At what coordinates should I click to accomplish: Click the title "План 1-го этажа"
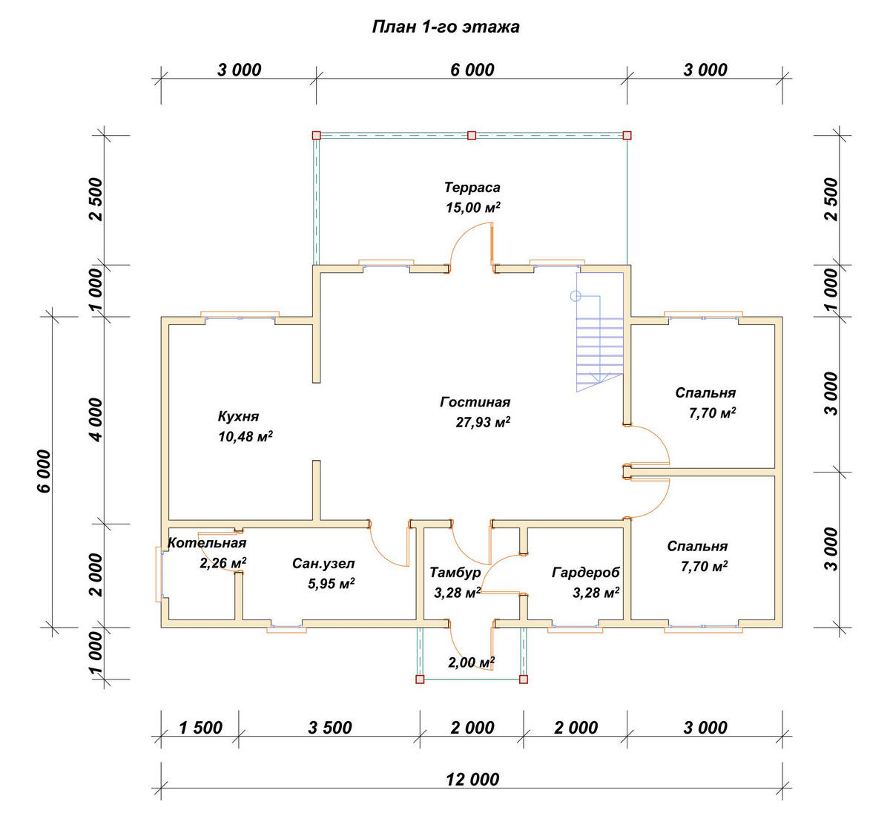click(x=446, y=27)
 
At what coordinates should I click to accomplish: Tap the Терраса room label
click(x=472, y=188)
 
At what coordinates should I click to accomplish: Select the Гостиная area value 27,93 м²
click(x=483, y=422)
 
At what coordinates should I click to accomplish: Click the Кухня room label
click(x=238, y=417)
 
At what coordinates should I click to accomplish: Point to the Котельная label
click(x=207, y=543)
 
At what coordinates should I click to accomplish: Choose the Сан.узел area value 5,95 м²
click(x=332, y=583)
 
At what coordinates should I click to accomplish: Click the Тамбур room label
click(x=455, y=573)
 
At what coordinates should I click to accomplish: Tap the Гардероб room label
click(x=586, y=573)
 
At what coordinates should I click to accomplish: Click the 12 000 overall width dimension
click(x=472, y=780)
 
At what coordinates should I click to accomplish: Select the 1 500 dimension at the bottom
click(x=201, y=728)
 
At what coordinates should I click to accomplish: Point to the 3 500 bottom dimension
click(x=330, y=728)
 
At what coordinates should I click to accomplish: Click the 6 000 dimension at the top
click(x=472, y=70)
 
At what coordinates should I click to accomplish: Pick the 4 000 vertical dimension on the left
click(x=97, y=420)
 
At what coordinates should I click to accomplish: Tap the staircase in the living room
click(x=599, y=343)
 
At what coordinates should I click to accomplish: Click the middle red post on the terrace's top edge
click(x=472, y=136)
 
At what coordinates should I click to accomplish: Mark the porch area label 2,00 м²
click(x=472, y=662)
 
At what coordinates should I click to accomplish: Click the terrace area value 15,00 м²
click(x=472, y=208)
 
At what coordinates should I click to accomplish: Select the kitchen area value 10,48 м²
click(x=245, y=436)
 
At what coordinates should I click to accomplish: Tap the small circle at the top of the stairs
click(x=576, y=296)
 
